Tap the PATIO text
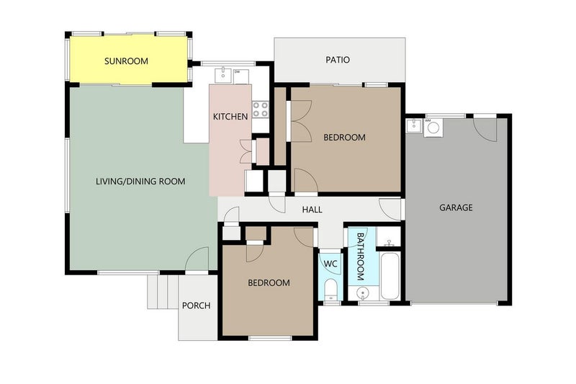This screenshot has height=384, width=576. (337, 60)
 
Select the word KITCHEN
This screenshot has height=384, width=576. (230, 116)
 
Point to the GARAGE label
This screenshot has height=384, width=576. (456, 207)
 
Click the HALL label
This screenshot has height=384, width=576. (312, 210)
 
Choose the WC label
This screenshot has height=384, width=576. (330, 264)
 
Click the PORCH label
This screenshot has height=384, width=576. (196, 305)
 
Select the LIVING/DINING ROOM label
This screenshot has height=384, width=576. (140, 182)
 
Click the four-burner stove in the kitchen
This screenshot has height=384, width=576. (260, 110)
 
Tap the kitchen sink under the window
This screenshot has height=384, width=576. (225, 73)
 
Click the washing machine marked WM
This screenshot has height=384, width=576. (433, 128)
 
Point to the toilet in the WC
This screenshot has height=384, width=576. (330, 290)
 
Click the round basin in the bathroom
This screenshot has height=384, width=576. (362, 293)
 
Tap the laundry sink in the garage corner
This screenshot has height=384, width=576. (413, 126)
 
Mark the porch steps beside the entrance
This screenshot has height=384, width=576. (162, 291)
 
